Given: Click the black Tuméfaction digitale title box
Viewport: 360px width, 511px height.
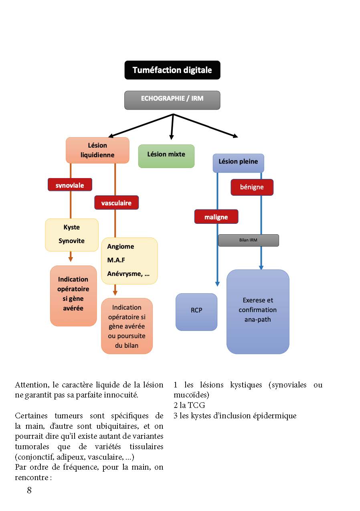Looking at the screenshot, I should coord(172,70).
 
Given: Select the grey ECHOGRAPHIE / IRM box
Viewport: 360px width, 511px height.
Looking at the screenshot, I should coord(172,100).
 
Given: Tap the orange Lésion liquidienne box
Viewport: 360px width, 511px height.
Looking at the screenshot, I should coord(97,150).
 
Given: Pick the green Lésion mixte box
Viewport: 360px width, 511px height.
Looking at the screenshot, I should coord(166,156).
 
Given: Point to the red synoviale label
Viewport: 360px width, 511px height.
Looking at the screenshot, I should coord(70,185).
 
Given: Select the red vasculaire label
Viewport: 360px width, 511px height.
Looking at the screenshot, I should coord(116,203).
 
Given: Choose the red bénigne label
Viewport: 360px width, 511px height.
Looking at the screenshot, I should coord(252,187).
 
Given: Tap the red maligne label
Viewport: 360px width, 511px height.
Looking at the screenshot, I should coord(216,217).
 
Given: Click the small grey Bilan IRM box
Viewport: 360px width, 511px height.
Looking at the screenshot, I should coord(248,240).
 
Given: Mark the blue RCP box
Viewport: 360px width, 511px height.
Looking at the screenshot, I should coord(196,312).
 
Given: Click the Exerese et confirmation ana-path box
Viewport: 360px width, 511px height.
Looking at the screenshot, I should coord(258,312).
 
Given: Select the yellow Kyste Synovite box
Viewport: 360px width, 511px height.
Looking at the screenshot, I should coord(72,235).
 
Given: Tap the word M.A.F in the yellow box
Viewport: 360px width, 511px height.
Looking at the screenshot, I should coord(116,260).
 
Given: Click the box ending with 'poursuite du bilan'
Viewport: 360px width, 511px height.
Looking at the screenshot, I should coord(127,326).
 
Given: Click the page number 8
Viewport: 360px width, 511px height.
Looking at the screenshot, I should coord(29,490).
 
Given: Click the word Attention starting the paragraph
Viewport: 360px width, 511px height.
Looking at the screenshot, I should coord(31,385).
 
